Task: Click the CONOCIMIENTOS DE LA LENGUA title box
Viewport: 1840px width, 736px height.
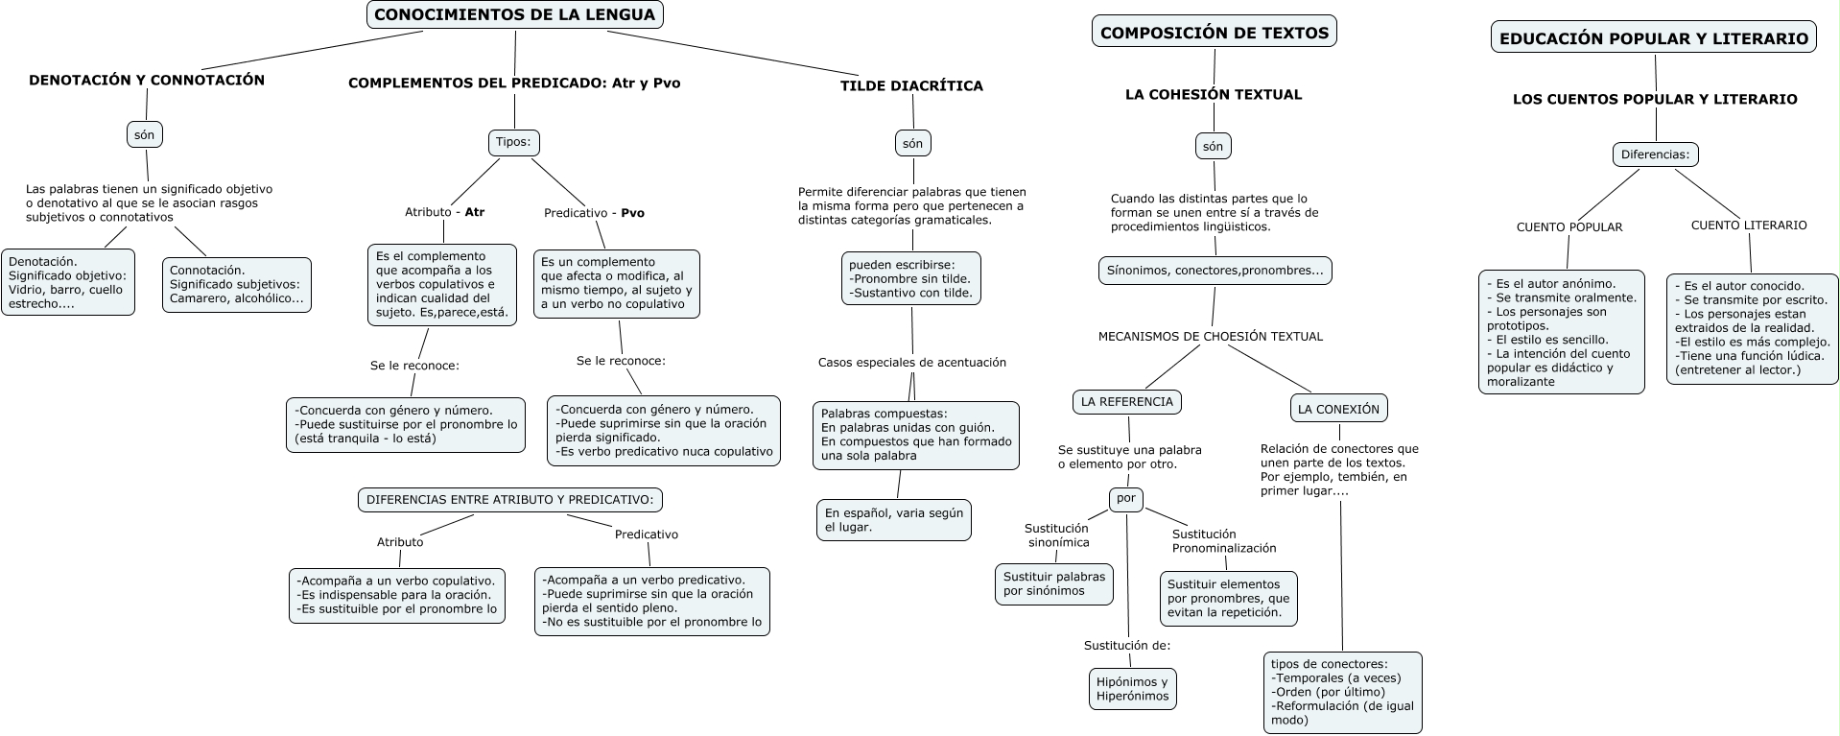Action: [x=514, y=14]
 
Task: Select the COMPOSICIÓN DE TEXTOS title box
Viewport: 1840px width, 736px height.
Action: [x=1214, y=33]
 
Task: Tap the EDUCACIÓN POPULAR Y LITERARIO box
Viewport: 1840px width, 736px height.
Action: [x=1654, y=38]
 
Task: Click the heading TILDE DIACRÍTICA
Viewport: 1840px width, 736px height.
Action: [x=911, y=85]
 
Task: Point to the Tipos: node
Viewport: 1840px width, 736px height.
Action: [x=513, y=142]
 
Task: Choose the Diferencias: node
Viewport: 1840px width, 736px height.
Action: [x=1655, y=154]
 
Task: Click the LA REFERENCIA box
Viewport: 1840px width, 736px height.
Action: [x=1126, y=402]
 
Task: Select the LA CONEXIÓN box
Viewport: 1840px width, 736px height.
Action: [x=1338, y=409]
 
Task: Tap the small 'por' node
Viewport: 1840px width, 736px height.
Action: [x=1125, y=499]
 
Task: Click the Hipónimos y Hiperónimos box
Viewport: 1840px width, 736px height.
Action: [x=1132, y=689]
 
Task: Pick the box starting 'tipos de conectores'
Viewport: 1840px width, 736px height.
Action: [x=1342, y=692]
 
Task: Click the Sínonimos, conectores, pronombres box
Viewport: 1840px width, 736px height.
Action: [x=1215, y=271]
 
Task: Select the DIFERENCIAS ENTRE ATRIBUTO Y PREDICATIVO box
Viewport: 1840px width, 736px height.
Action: [x=509, y=500]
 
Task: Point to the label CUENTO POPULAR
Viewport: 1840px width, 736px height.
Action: [x=1569, y=227]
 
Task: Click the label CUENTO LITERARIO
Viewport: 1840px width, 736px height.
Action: [x=1748, y=226]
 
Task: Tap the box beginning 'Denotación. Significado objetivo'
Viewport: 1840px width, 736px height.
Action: [x=68, y=282]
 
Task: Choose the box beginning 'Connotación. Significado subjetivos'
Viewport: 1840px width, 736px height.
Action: [x=236, y=285]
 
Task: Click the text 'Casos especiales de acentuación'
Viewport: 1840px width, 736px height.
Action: [x=911, y=363]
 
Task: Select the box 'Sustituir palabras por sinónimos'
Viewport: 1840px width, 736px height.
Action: [x=1053, y=583]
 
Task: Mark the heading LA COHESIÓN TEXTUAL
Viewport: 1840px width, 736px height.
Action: [x=1213, y=95]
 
